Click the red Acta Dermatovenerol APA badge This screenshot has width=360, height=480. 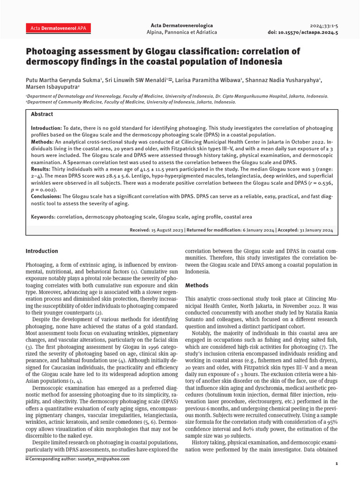(x=58, y=29)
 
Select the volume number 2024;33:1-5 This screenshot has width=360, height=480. (x=324, y=25)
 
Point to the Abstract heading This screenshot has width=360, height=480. (x=42, y=114)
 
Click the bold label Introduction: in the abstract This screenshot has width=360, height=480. (x=46, y=128)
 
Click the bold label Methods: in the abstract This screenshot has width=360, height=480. (x=42, y=142)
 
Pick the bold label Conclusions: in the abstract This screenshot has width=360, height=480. (x=46, y=196)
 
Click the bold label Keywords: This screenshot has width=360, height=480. (x=43, y=217)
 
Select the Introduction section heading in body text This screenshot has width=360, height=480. (x=42, y=251)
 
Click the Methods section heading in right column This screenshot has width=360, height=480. (x=197, y=285)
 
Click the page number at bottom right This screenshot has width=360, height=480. (x=337, y=464)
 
